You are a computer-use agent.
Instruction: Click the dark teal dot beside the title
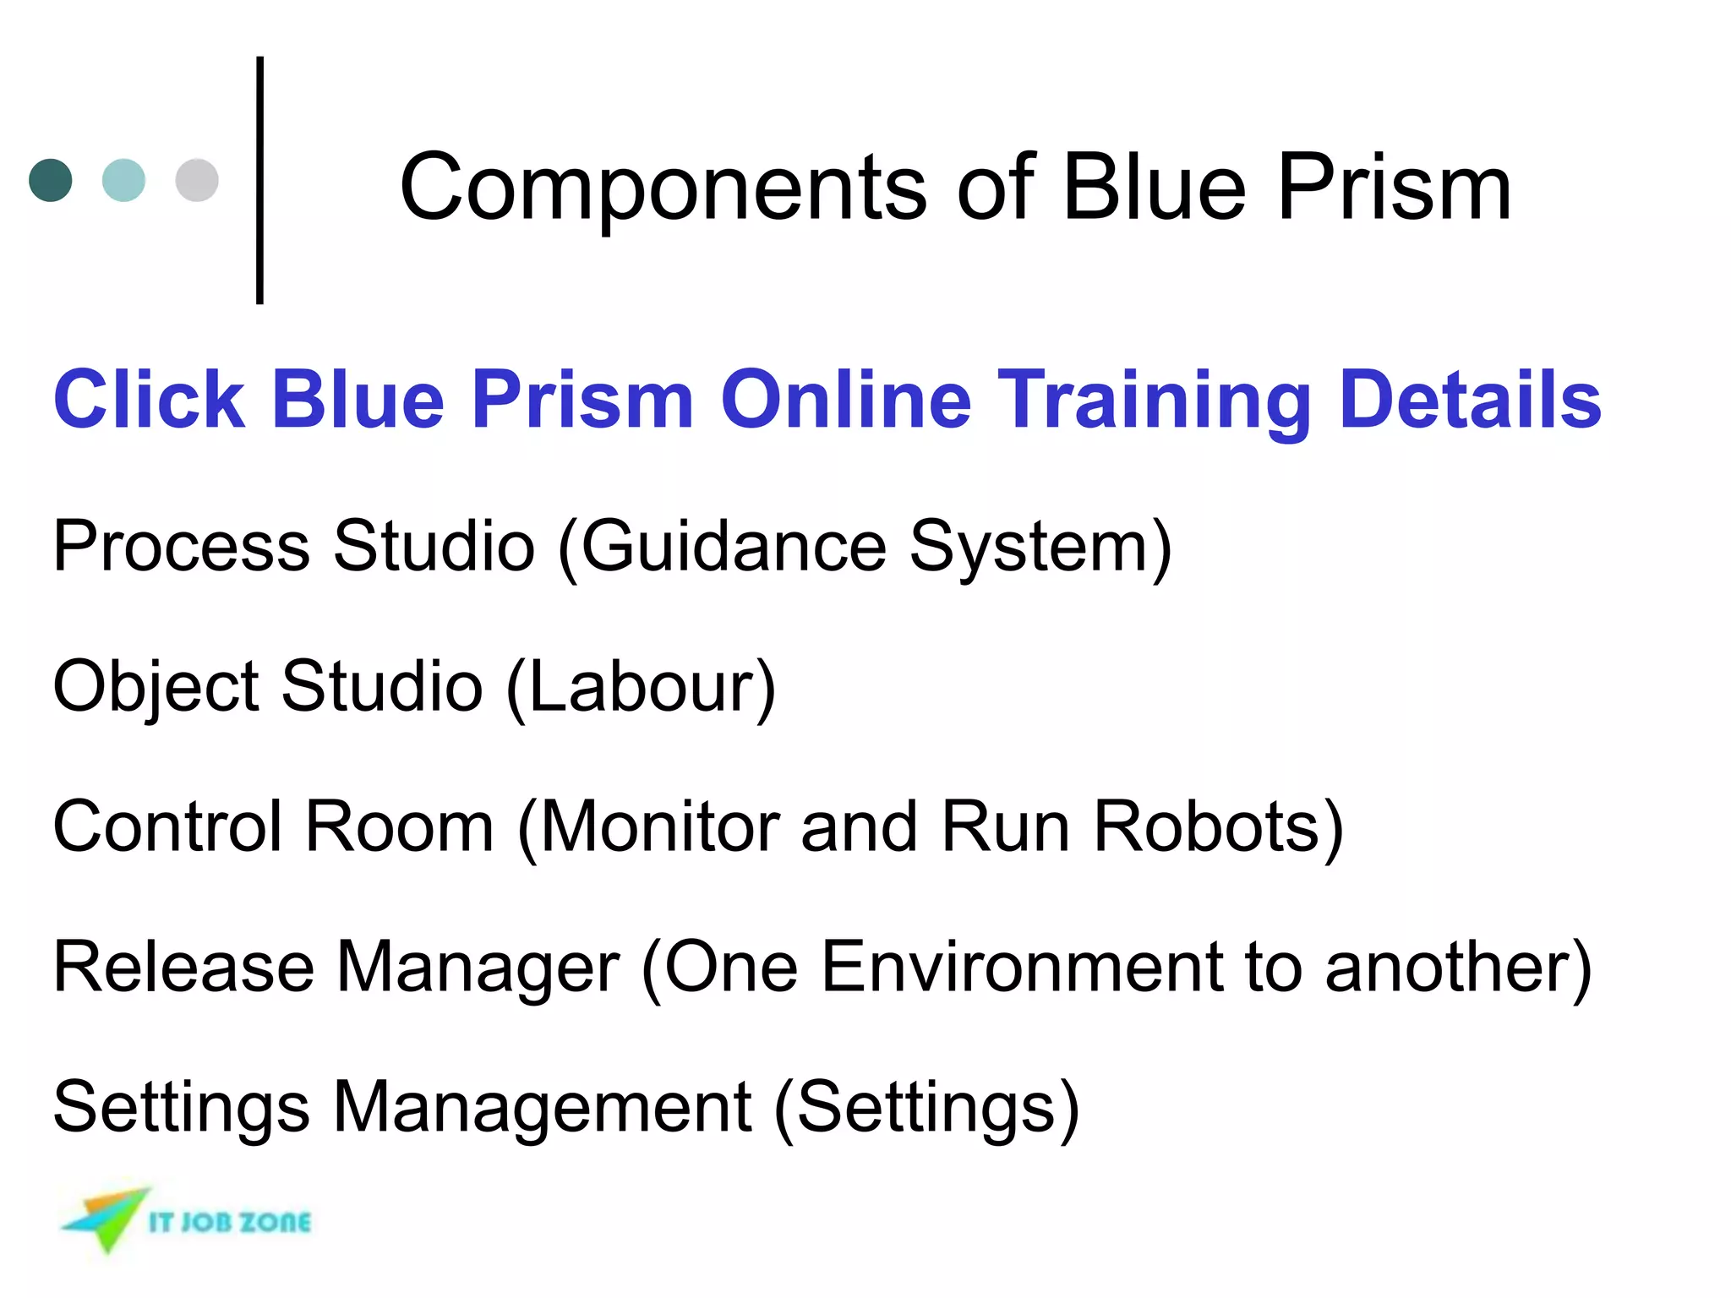pyautogui.click(x=51, y=180)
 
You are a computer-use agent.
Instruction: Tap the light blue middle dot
pyautogui.click(x=123, y=180)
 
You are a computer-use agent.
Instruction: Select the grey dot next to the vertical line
pyautogui.click(x=197, y=180)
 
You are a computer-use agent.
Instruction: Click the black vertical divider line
pyautogui.click(x=259, y=180)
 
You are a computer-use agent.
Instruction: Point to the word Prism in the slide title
pyautogui.click(x=1394, y=188)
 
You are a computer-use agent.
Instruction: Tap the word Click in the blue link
pyautogui.click(x=149, y=399)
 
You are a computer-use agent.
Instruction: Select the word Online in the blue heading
pyautogui.click(x=845, y=399)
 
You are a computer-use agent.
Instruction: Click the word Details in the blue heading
pyautogui.click(x=1470, y=399)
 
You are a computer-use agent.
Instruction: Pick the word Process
pyautogui.click(x=181, y=546)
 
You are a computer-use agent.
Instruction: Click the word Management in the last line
pyautogui.click(x=542, y=1107)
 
